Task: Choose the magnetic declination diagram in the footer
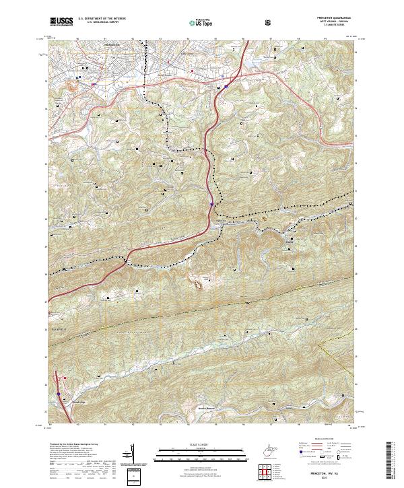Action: (134, 458)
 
